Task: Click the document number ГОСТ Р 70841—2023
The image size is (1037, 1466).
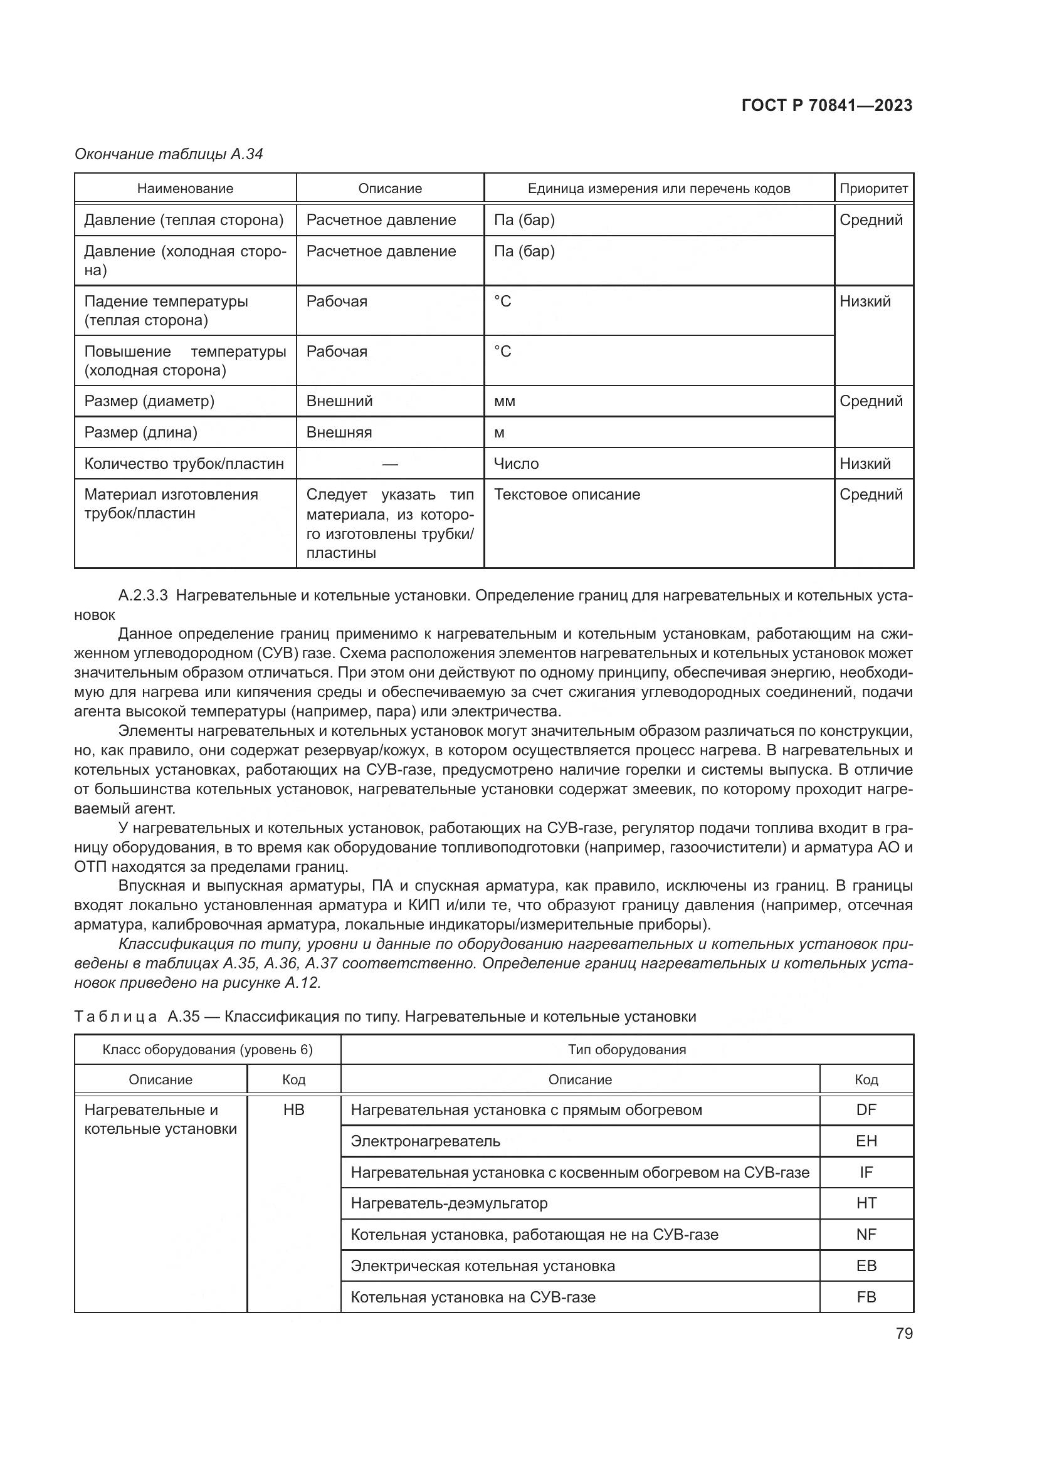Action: tap(827, 105)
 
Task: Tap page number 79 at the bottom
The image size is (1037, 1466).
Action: tap(903, 1333)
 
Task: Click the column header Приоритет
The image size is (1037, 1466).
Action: tap(873, 189)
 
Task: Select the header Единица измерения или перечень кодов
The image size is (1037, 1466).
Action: tap(658, 189)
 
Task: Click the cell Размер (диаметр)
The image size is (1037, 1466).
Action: tap(149, 401)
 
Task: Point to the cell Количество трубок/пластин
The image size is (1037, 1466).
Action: tap(184, 464)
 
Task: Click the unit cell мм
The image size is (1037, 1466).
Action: tap(505, 402)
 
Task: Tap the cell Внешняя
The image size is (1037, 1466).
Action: tap(339, 432)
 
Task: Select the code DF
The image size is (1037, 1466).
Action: tap(866, 1110)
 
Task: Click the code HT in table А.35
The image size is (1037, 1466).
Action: tap(866, 1203)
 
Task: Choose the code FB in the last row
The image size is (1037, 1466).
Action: tap(866, 1297)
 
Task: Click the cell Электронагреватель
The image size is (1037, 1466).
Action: tap(425, 1141)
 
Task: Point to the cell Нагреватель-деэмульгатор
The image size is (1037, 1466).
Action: tap(449, 1203)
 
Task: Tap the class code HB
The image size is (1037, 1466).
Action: tap(293, 1110)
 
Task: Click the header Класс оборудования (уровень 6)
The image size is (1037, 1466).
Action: tap(208, 1050)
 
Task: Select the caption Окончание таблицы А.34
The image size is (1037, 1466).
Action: tap(169, 154)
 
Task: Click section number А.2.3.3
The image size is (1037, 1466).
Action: tap(143, 595)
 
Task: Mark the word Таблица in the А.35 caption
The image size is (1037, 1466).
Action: tap(115, 1017)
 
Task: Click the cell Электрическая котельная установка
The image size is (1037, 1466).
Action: tap(483, 1265)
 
